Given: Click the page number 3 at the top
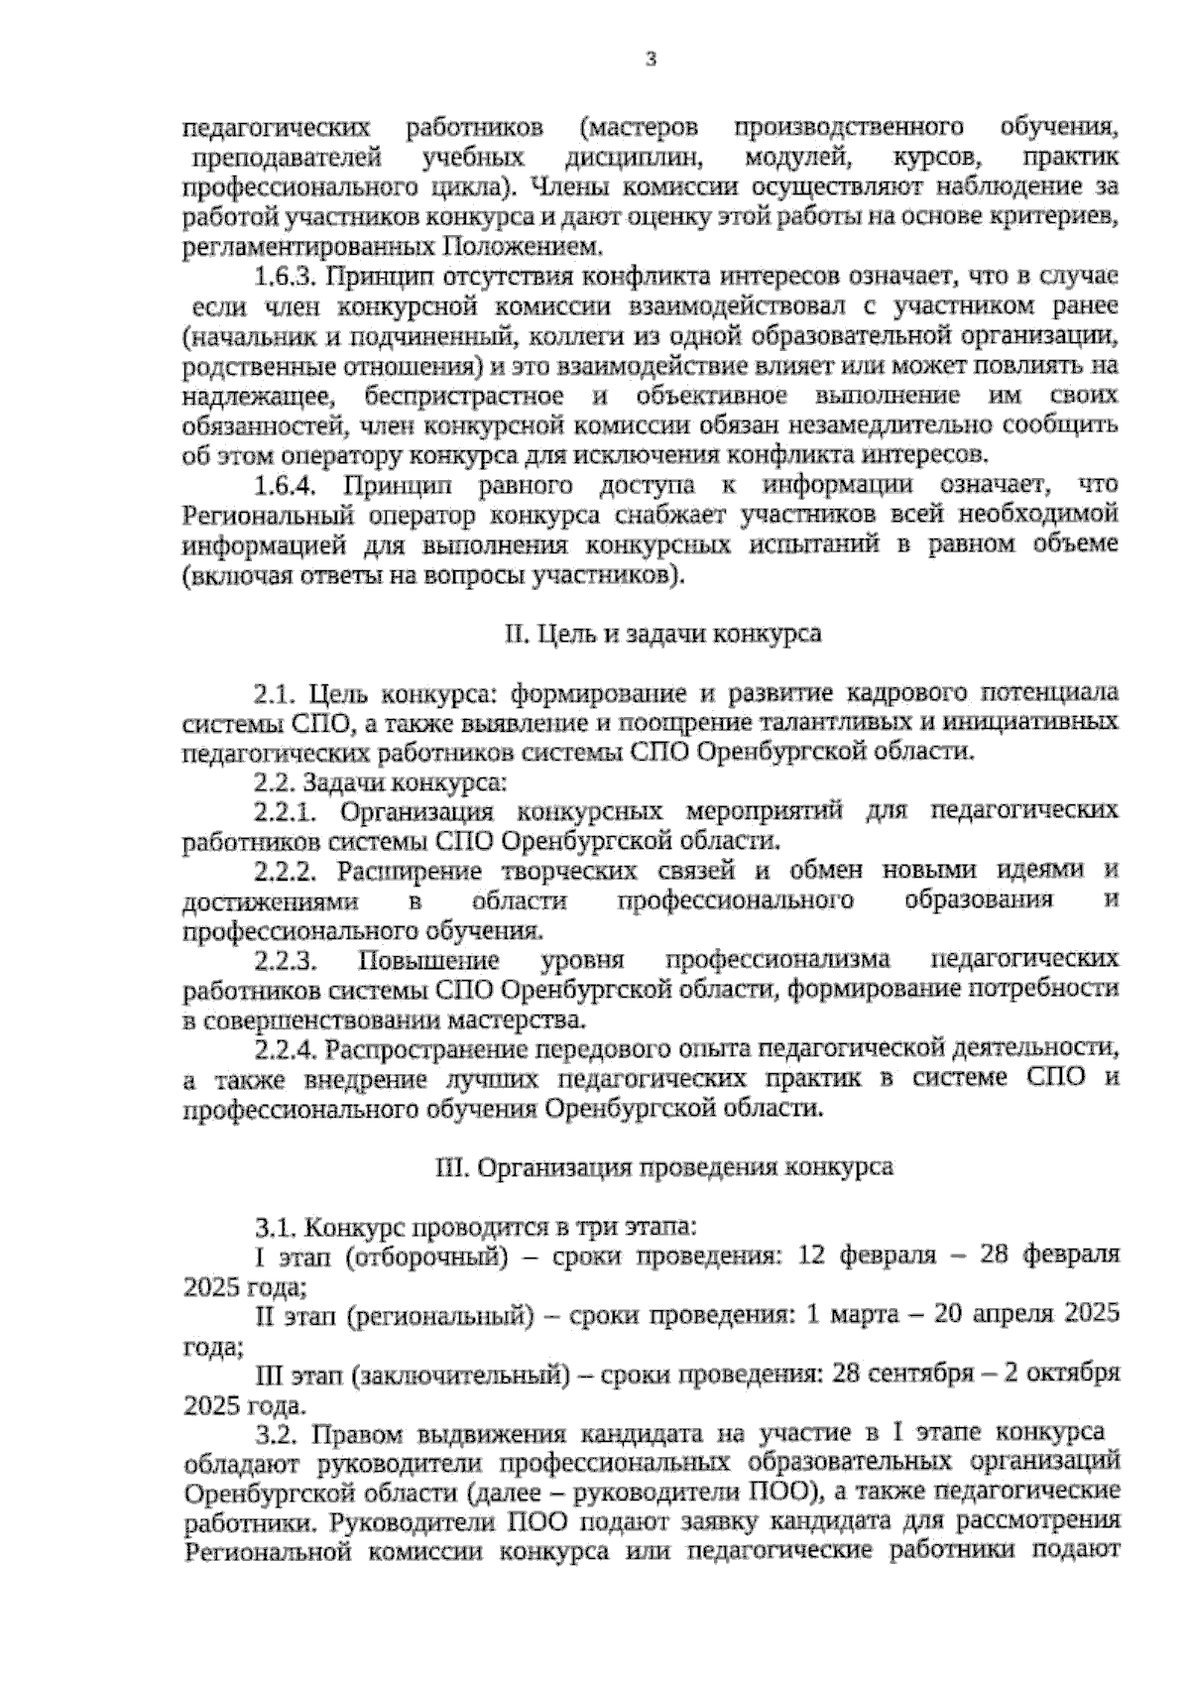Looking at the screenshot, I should pyautogui.click(x=651, y=60).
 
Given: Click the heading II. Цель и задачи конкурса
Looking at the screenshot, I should pyautogui.click(x=663, y=633).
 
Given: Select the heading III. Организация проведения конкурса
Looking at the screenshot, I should pyautogui.click(x=663, y=1167).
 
